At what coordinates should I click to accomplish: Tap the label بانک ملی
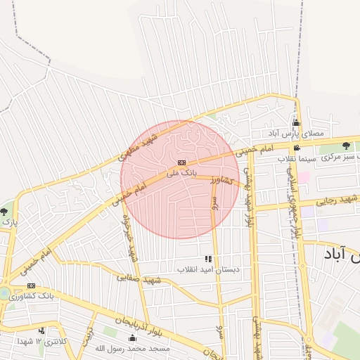coord(181,172)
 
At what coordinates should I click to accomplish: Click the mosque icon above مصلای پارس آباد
coord(296,123)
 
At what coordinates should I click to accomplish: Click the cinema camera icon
coord(297,148)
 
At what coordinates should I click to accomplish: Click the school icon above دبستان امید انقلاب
coord(207,259)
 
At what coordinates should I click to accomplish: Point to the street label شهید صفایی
coord(139,278)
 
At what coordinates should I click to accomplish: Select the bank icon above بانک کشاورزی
coord(31,286)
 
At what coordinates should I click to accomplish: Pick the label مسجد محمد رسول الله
coord(133,348)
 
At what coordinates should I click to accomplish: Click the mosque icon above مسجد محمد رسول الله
coord(131,338)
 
